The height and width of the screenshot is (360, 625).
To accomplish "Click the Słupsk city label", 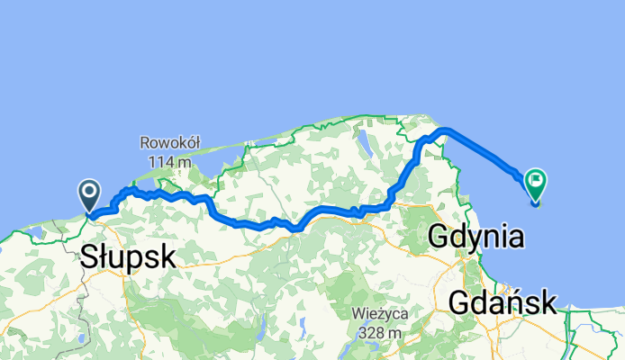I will click(x=127, y=256).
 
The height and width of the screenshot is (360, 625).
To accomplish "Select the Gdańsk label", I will click(x=503, y=302).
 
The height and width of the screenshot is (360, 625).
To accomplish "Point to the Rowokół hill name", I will click(x=169, y=142).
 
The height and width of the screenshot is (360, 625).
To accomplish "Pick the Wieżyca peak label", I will click(x=382, y=314).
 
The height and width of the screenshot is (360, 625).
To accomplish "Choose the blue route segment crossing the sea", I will click(x=486, y=151).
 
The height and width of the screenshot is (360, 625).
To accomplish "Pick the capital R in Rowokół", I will click(x=145, y=142).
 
